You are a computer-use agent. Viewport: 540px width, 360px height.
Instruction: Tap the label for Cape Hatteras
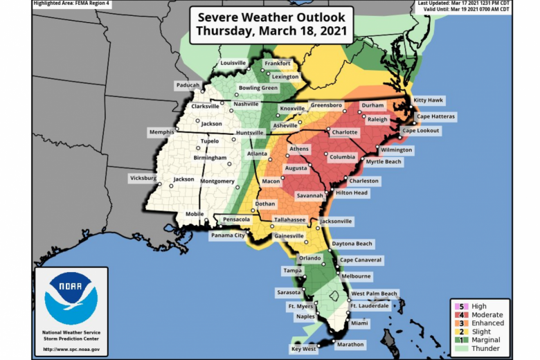(x=435, y=116)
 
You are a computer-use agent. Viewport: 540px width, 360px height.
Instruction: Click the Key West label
(x=303, y=350)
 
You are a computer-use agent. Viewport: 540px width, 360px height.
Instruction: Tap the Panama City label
(x=228, y=235)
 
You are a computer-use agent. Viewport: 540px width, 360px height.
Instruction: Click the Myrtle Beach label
(x=384, y=162)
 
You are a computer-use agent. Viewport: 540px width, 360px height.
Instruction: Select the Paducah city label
(x=188, y=85)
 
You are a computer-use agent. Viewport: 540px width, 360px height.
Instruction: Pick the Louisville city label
(x=233, y=63)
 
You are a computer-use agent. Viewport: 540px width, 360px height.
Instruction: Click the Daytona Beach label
(x=352, y=244)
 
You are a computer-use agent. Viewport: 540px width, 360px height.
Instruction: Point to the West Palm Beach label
(x=373, y=294)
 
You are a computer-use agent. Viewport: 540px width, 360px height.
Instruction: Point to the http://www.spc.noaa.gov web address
(x=71, y=348)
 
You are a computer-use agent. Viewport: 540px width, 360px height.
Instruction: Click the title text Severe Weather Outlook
(x=271, y=18)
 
